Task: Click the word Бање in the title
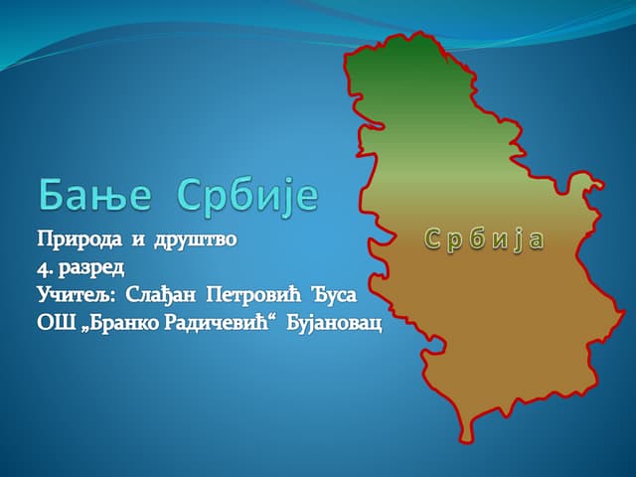[95, 195]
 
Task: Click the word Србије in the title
[248, 195]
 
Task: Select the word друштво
[196, 240]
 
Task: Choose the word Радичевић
[208, 324]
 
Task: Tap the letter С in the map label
[431, 238]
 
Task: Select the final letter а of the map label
[537, 239]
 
